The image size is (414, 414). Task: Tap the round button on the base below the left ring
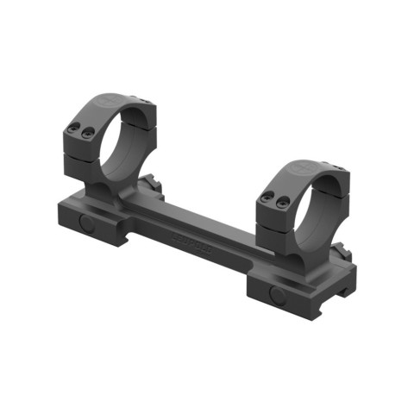[x=86, y=222]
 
